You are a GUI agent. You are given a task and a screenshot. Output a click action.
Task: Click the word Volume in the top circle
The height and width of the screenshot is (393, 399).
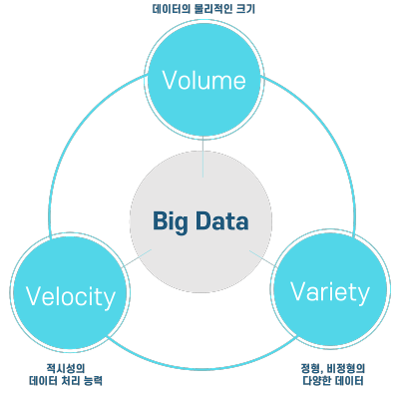click(203, 80)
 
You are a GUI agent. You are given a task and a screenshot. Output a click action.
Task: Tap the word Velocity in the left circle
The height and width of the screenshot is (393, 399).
click(71, 297)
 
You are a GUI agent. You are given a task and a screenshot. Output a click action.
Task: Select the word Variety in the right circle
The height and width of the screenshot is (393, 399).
click(330, 292)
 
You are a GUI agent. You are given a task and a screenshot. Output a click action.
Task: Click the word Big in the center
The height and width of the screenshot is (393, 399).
click(171, 221)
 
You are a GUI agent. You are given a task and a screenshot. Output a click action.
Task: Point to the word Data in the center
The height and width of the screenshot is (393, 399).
click(221, 220)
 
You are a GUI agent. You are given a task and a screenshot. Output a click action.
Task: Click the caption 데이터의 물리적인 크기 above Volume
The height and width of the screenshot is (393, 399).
click(203, 9)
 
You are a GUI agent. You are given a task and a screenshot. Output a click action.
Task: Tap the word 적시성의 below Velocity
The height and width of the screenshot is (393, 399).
click(66, 368)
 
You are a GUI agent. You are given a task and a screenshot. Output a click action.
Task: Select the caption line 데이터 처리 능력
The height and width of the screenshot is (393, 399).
click(66, 380)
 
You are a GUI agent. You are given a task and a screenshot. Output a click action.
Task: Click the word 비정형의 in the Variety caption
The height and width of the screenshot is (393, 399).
click(346, 368)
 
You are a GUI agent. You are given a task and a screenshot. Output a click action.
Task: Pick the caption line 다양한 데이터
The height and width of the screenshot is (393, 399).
click(333, 380)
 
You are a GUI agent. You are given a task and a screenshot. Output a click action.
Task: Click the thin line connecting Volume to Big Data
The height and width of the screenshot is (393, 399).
click(202, 157)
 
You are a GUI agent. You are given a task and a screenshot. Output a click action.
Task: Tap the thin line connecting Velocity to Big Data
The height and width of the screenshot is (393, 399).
click(137, 258)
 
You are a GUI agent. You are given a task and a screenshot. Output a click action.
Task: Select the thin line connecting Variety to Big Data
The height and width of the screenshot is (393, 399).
click(263, 258)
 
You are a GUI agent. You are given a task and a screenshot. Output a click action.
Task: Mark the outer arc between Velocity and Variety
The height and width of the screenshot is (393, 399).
click(202, 368)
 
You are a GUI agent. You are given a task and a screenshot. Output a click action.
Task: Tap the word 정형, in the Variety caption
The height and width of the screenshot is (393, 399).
click(312, 368)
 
